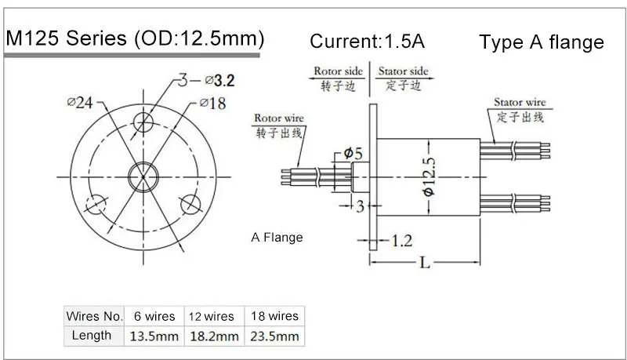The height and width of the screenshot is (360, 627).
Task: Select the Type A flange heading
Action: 542,42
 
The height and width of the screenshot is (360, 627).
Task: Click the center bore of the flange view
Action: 143,173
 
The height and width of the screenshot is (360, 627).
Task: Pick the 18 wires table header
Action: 274,316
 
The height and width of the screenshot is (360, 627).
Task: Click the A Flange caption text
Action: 277,237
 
